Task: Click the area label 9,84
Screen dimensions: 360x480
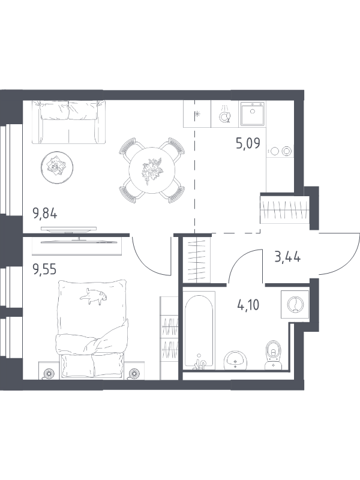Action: click(x=45, y=213)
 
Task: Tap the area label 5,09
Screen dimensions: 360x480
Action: click(x=248, y=143)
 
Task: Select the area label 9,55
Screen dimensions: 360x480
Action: click(x=44, y=269)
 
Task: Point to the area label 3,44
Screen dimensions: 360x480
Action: click(x=287, y=257)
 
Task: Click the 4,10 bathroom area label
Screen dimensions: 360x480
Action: click(x=248, y=305)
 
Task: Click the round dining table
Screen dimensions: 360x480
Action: click(x=152, y=170)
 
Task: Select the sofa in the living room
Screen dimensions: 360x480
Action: click(x=68, y=122)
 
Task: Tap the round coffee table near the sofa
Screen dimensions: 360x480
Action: click(x=57, y=167)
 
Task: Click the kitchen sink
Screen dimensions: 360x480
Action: click(x=253, y=113)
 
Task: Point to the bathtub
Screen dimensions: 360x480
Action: click(x=199, y=330)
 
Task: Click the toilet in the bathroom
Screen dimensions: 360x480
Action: click(x=274, y=355)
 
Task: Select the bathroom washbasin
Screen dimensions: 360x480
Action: click(x=235, y=361)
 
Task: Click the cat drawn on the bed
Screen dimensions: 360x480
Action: click(x=93, y=296)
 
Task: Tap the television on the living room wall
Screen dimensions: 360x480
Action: click(x=69, y=229)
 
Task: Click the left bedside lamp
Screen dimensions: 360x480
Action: click(x=49, y=373)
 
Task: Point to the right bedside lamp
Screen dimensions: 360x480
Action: click(x=134, y=373)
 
